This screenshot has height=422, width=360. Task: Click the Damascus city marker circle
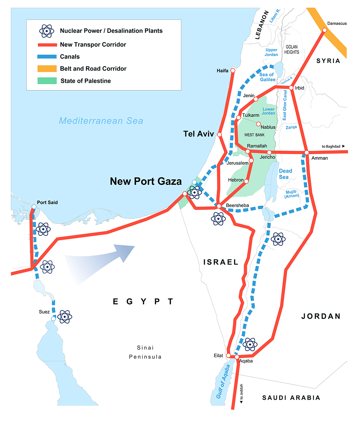coord(324,31)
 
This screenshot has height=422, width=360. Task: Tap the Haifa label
coord(222,71)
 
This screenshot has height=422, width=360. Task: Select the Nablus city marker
coord(258,124)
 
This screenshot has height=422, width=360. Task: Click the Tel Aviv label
coord(198,134)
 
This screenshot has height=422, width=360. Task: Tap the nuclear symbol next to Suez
coord(65,316)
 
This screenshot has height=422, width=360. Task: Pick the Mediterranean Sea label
coord(101,121)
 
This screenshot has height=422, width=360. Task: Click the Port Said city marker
coord(33,207)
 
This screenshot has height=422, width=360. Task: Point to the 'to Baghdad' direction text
coord(331,146)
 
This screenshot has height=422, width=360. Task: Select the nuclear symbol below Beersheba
coord(218,219)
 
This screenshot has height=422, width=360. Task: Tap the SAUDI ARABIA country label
coord(291,398)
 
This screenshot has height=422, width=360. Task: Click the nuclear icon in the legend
coord(46,31)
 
